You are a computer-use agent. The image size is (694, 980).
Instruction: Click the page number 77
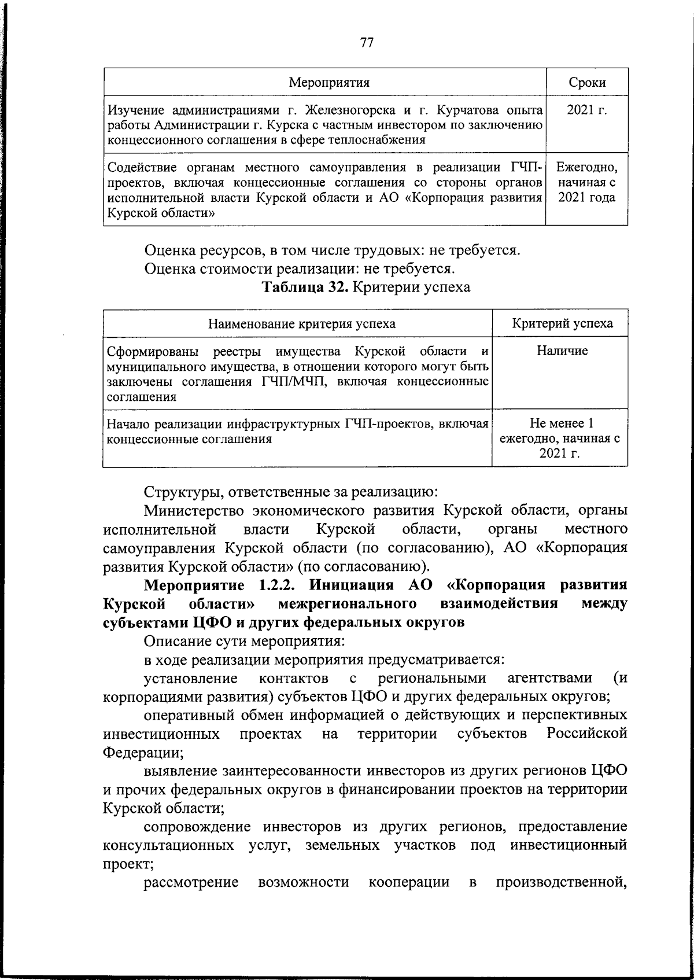[367, 43]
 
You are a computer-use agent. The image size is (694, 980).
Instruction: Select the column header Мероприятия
[329, 82]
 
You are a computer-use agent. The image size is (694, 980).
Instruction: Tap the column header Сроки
[587, 82]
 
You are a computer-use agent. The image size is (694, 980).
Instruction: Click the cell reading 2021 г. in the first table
[587, 110]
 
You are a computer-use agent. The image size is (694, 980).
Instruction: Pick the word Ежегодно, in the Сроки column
[587, 168]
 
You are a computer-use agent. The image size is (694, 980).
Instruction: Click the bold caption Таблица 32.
[305, 288]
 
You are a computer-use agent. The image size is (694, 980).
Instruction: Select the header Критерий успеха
[562, 323]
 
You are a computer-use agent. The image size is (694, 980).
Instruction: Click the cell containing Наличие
[562, 351]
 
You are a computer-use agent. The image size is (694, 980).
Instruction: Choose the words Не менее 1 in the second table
[562, 423]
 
